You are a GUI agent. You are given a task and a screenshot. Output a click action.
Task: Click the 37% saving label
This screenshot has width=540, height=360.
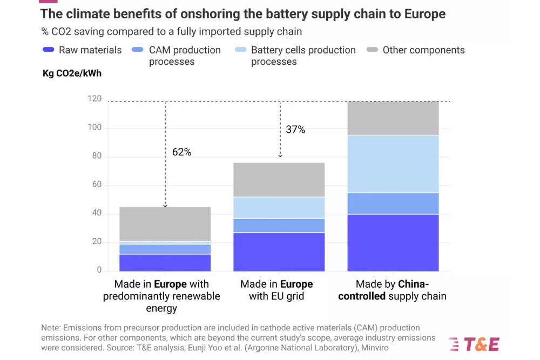(x=295, y=130)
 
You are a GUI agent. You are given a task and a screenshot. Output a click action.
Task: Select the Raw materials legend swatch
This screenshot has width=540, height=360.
(x=48, y=50)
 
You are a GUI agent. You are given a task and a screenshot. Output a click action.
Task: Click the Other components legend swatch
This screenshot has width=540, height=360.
(x=372, y=50)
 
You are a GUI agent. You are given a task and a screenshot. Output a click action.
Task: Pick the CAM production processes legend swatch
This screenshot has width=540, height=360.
(x=138, y=50)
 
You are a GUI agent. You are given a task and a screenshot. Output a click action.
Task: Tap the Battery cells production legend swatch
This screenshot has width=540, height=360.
(x=240, y=50)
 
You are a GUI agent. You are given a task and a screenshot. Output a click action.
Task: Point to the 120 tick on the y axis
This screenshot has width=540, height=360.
(x=94, y=99)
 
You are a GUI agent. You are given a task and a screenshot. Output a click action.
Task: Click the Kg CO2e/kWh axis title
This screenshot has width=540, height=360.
(x=72, y=73)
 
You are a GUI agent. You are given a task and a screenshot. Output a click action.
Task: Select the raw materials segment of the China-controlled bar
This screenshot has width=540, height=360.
(x=393, y=242)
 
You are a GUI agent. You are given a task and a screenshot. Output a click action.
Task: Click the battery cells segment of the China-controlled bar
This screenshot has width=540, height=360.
(x=393, y=164)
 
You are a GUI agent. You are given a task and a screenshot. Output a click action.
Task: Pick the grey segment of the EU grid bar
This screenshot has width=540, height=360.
(x=279, y=180)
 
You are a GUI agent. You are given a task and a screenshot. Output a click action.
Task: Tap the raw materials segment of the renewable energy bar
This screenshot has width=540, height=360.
(x=165, y=262)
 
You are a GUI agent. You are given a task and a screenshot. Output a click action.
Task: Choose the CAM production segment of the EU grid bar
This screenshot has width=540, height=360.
(x=279, y=226)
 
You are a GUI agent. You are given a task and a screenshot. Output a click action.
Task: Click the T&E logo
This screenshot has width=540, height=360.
(x=474, y=344)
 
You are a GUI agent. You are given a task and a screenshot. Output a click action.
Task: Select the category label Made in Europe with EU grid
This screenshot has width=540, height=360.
(x=276, y=290)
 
